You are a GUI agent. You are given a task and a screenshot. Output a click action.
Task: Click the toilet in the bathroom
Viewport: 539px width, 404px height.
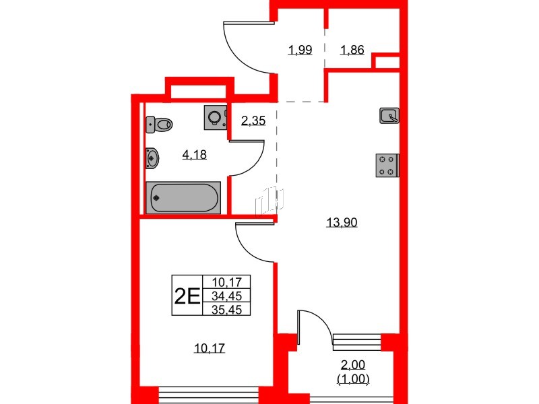[x=159, y=124]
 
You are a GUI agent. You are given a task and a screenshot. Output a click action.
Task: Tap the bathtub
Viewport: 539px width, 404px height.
[x=183, y=197]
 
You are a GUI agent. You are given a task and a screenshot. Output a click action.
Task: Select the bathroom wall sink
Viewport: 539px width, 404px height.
[x=152, y=158]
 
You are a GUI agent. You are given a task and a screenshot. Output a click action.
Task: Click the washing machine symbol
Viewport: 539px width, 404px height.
[x=215, y=117]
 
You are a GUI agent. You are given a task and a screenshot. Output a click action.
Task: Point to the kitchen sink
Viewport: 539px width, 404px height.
[x=390, y=116]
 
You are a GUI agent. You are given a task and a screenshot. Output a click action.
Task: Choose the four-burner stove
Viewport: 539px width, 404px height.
[x=387, y=166]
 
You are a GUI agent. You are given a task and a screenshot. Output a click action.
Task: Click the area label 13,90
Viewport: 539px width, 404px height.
[x=341, y=222]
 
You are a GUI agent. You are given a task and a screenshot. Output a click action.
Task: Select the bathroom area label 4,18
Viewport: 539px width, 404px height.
[x=194, y=154]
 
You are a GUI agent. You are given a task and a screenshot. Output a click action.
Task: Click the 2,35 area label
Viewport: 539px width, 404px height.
[x=253, y=121]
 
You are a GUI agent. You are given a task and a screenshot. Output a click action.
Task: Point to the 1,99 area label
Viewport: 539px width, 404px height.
[x=300, y=49]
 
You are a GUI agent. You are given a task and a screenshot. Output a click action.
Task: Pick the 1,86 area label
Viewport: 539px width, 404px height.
[x=352, y=49]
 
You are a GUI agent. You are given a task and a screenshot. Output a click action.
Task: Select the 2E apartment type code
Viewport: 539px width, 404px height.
[x=187, y=296]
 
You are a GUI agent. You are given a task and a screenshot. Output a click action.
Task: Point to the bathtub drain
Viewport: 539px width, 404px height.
[x=157, y=198]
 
